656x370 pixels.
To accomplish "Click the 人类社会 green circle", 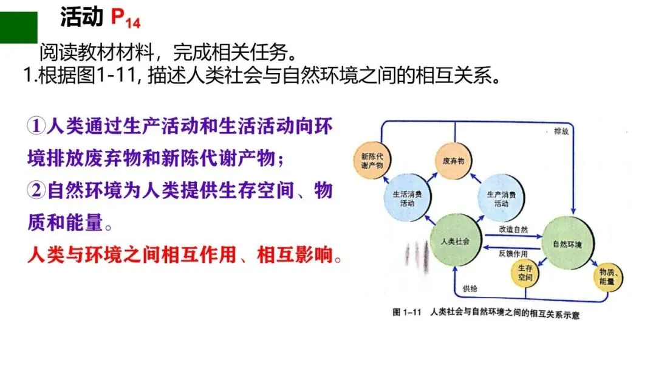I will point(456,241).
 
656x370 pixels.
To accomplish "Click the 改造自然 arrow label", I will point(513,229).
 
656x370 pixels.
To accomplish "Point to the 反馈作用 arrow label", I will point(513,253).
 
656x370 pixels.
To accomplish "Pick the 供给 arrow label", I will point(470,288).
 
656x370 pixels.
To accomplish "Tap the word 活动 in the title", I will point(81,18).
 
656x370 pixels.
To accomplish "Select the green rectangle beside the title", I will point(18,27).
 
